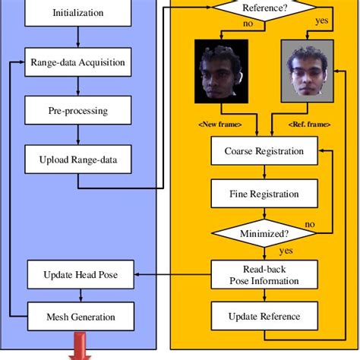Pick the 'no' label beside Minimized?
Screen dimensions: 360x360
pos(309,225)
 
